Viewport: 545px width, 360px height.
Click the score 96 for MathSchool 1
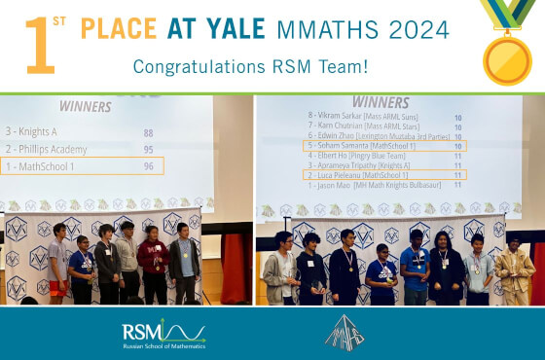pos(149,166)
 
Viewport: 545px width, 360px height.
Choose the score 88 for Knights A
pos(149,132)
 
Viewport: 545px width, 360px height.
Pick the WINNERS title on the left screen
pos(85,106)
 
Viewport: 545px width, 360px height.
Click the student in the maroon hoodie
pos(154,263)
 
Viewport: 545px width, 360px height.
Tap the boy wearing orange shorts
pos(59,265)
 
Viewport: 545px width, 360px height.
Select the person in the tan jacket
pos(514,272)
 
